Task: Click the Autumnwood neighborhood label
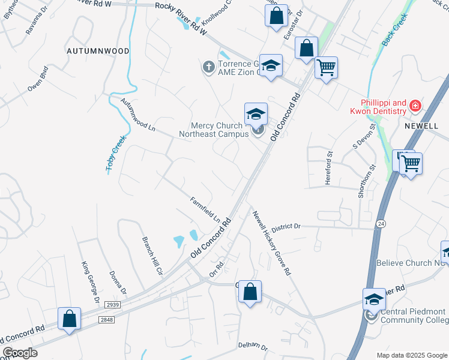tap(98, 51)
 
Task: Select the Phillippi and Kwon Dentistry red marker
tap(414, 107)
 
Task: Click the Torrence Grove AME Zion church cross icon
tap(208, 67)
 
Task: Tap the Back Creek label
tap(394, 31)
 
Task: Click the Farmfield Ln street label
tap(205, 209)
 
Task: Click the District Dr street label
tap(285, 227)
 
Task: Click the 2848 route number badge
tap(107, 320)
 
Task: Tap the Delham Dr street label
tap(252, 346)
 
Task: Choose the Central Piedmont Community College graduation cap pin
tap(373, 299)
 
